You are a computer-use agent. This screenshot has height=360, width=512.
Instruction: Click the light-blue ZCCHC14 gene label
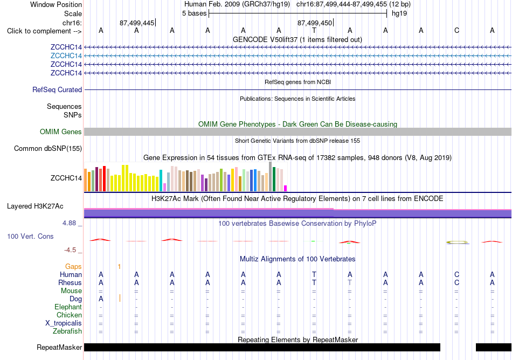coord(66,56)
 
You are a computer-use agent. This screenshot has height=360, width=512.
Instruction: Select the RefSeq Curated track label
coord(57,90)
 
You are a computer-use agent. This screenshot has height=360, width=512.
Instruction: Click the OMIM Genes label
coord(61,131)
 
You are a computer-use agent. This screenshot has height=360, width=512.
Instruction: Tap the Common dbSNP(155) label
coord(48,149)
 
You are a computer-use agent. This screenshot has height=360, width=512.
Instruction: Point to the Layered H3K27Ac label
coord(35,206)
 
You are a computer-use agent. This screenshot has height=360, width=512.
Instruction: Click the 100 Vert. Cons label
coord(30,236)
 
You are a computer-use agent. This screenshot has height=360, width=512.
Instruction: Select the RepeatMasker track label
coord(59,347)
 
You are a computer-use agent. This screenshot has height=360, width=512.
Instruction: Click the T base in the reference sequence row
coord(314,31)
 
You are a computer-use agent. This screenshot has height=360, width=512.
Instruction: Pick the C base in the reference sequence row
coord(456,31)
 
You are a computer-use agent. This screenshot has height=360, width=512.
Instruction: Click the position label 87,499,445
coord(137,23)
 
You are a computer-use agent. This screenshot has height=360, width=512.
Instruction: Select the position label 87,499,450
coord(314,23)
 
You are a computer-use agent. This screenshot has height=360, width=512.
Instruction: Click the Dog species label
coord(75,299)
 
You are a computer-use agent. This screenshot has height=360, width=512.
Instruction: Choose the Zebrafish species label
coord(67,331)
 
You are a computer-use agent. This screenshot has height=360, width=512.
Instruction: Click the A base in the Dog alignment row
coord(101,299)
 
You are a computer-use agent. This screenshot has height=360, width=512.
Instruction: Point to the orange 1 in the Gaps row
coord(119,267)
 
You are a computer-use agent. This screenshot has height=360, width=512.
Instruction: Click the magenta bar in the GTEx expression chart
coord(286,188)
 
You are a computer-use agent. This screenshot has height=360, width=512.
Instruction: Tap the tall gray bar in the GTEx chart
coord(271,176)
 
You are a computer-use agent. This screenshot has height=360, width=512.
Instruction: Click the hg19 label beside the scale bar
coord(399,13)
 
